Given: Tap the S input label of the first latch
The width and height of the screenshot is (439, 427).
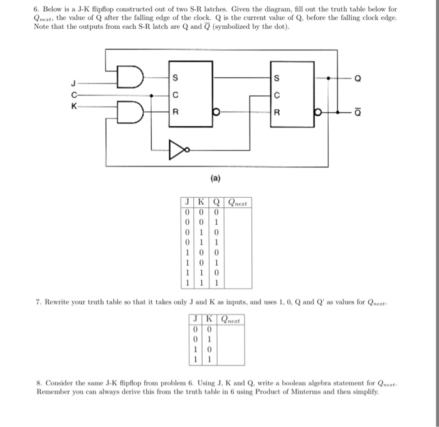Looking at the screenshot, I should click(176, 78).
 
